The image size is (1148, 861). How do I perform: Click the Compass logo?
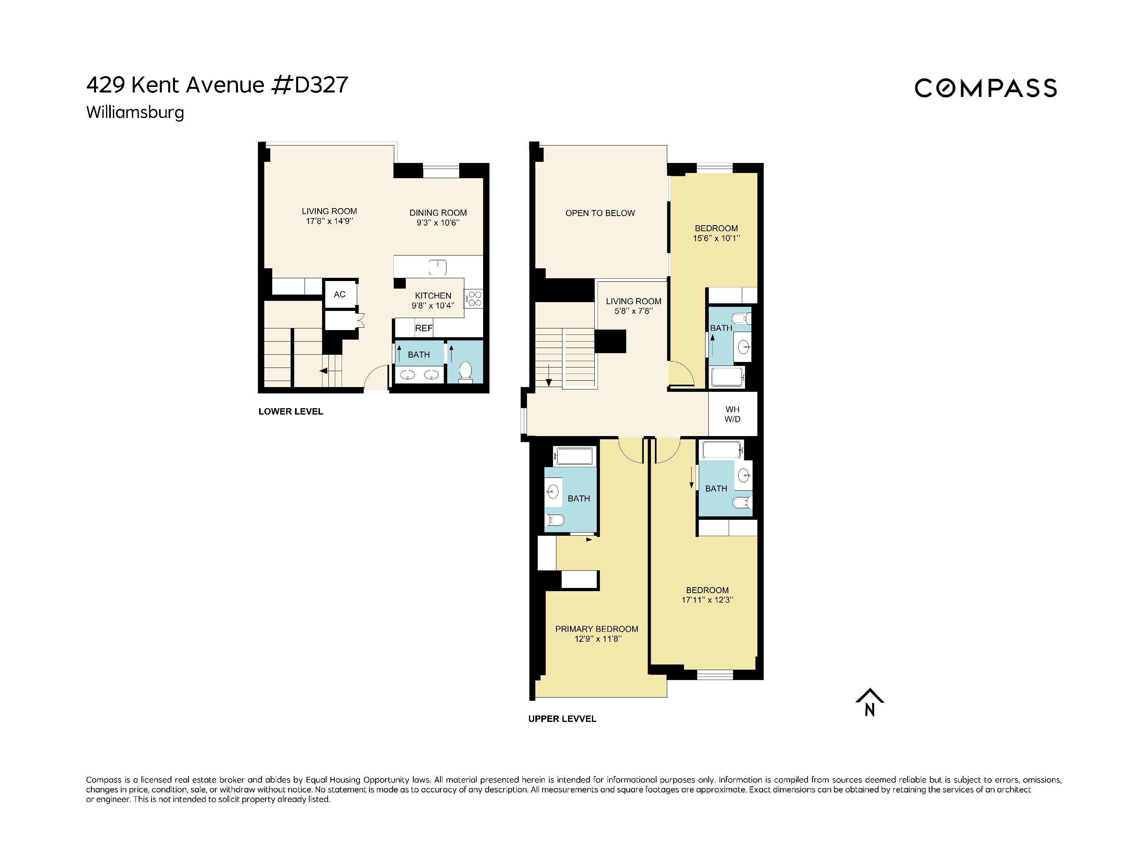tap(985, 88)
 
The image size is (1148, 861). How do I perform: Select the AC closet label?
tap(340, 294)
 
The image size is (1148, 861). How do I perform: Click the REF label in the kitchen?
tap(423, 328)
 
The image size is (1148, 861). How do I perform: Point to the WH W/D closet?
tap(732, 414)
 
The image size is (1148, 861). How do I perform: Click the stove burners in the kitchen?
tap(474, 299)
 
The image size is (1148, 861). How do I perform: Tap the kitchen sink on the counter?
tap(438, 267)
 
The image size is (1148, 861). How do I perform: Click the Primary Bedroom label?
tap(596, 629)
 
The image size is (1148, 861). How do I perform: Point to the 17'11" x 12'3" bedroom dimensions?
tap(707, 600)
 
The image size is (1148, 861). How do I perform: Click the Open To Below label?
tap(600, 213)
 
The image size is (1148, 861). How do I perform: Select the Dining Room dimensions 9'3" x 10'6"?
tap(438, 223)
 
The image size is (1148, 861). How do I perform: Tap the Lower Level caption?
tap(291, 411)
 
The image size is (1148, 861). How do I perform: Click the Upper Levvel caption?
tap(562, 719)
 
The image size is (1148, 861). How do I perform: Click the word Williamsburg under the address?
tap(135, 112)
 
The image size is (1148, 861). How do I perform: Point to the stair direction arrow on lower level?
tap(323, 371)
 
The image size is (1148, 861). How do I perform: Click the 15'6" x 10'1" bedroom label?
tap(716, 238)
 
